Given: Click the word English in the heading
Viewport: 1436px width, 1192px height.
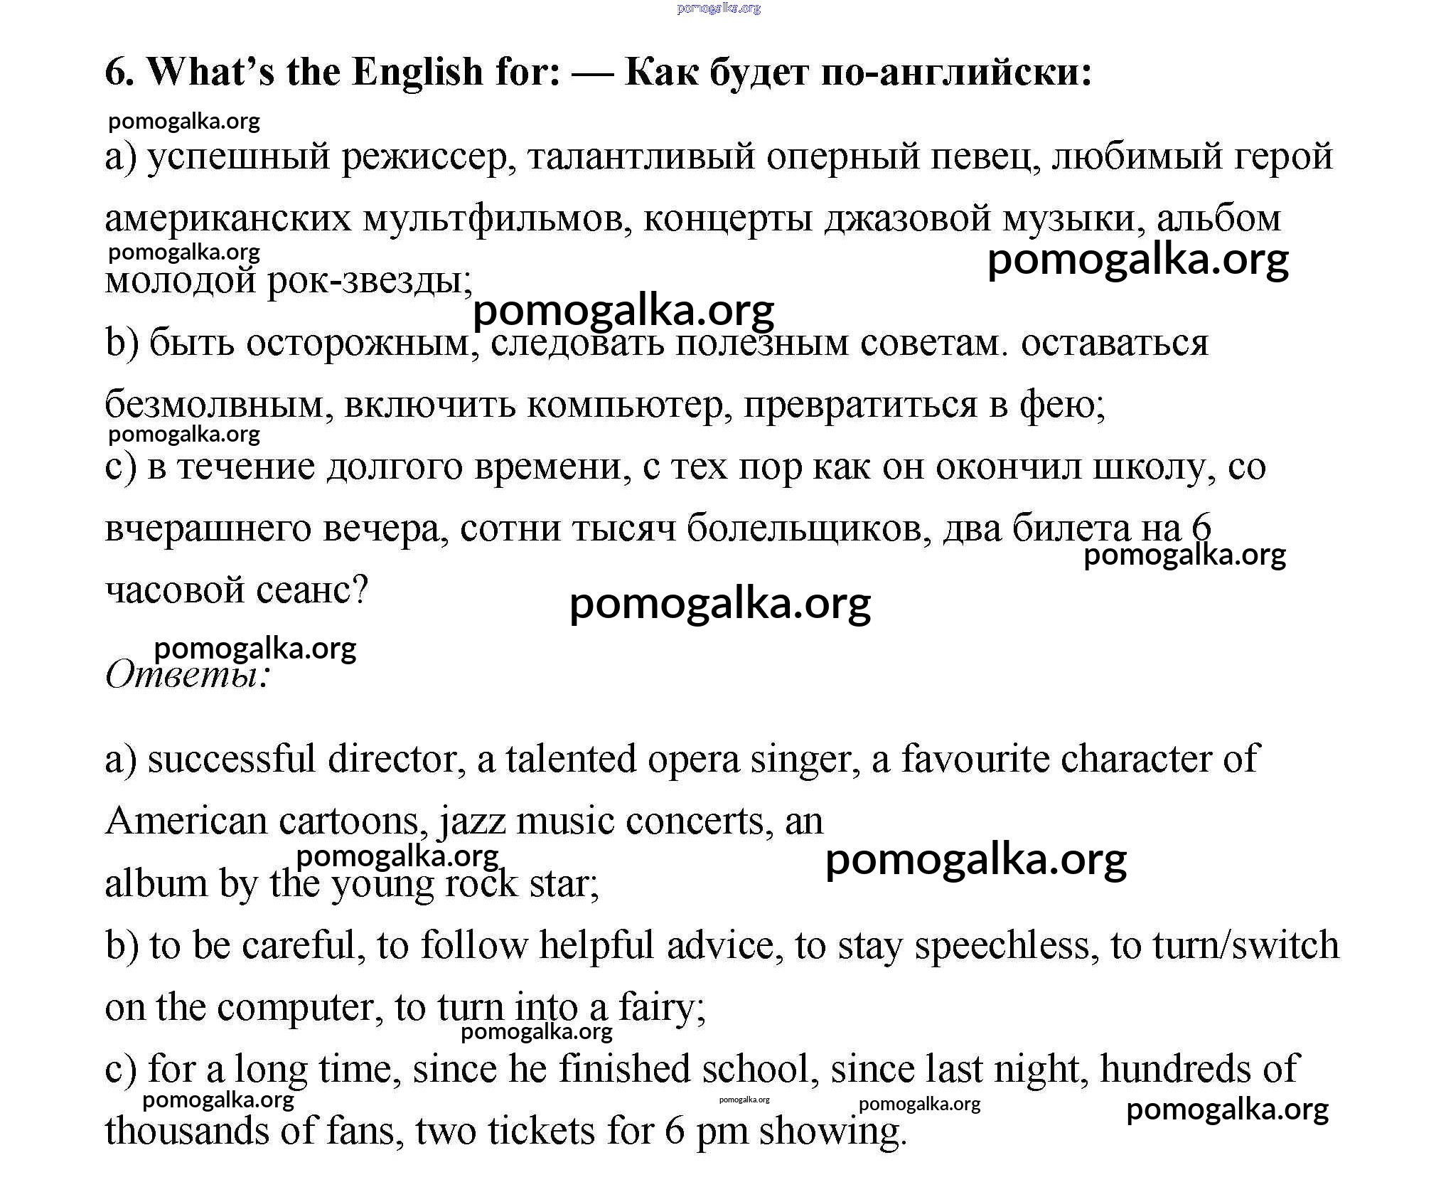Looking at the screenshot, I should (417, 73).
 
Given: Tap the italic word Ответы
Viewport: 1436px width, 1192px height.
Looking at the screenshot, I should (186, 674).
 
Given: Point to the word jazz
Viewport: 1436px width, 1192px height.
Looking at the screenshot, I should (472, 822).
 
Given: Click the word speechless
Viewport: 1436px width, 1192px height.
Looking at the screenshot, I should (1002, 946).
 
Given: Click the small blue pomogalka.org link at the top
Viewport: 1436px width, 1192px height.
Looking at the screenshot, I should (718, 9).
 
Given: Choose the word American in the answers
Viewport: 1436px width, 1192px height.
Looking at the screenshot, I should (186, 822).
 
